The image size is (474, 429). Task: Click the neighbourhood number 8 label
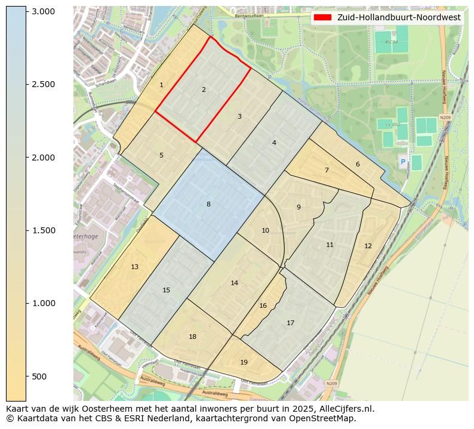click(208, 204)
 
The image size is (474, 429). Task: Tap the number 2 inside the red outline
click(204, 89)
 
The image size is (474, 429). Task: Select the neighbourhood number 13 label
click(135, 267)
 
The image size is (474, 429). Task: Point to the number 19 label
click(244, 362)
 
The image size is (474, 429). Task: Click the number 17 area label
click(290, 323)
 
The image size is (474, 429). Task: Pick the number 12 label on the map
click(368, 246)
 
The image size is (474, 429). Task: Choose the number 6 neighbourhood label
click(358, 164)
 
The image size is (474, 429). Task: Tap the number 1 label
click(161, 85)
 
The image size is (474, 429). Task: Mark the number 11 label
click(330, 245)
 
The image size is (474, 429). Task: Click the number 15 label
click(167, 290)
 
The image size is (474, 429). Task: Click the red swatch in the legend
click(324, 17)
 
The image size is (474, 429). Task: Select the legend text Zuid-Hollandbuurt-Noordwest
click(399, 17)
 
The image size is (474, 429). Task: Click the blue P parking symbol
click(403, 162)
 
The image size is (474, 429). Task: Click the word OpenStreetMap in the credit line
click(328, 418)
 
